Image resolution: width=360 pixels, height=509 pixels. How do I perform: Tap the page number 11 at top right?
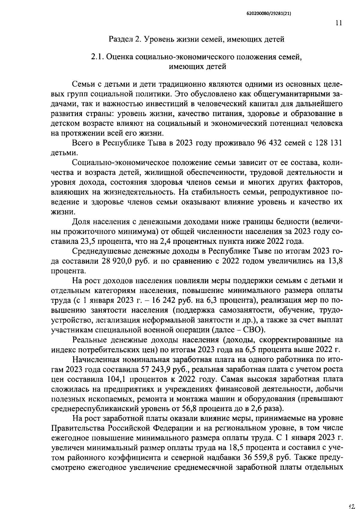tap(339, 24)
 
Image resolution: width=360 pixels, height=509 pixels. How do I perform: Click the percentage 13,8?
tap(336, 261)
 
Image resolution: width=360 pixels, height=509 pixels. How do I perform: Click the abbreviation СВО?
tap(253, 330)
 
